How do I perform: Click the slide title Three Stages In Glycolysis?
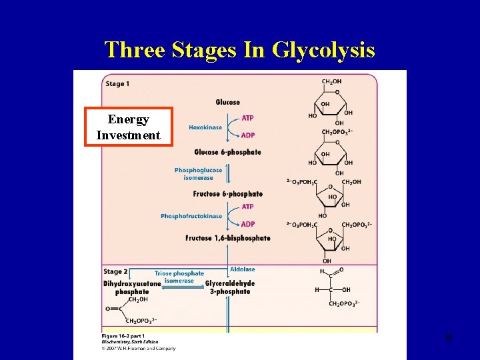(x=240, y=50)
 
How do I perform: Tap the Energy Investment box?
(x=128, y=127)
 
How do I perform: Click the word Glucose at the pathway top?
(x=227, y=102)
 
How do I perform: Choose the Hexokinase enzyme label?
(x=205, y=127)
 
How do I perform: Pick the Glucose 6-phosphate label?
(x=227, y=152)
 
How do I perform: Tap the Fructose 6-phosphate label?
(x=227, y=194)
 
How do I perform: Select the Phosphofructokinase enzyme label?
(x=191, y=216)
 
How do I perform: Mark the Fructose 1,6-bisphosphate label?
(x=227, y=238)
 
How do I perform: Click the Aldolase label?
(x=242, y=269)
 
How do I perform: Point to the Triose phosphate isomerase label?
(x=179, y=277)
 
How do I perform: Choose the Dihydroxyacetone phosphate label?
(x=132, y=287)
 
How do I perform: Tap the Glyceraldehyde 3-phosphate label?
(x=230, y=287)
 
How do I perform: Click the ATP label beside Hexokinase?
(x=247, y=118)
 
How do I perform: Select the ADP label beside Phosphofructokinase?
(x=247, y=224)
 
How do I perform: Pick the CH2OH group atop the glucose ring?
(x=332, y=82)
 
